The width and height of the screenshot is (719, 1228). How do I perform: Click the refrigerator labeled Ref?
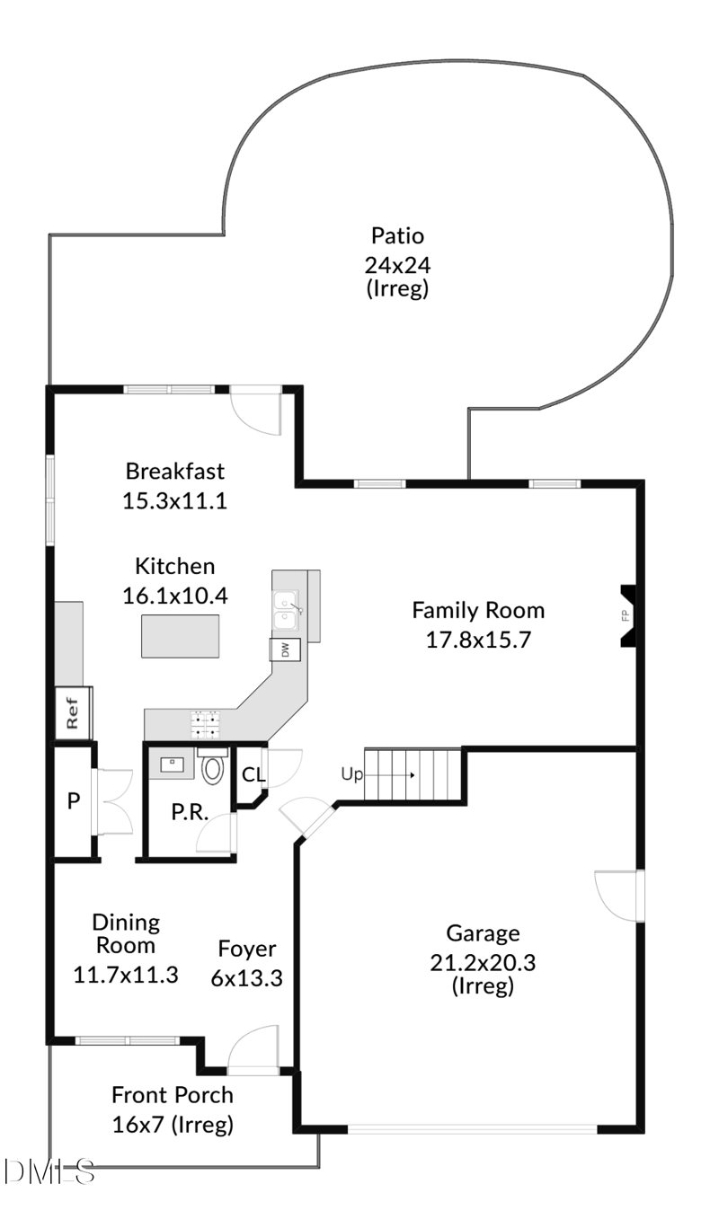73,713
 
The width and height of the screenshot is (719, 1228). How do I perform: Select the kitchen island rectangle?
181,636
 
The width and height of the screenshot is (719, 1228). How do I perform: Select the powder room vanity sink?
172,764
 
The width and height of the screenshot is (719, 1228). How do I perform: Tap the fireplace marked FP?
626,615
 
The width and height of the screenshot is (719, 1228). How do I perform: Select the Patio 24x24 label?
397,236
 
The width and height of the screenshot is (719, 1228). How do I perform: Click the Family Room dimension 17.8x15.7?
478,641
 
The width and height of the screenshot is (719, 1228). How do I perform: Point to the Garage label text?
483,933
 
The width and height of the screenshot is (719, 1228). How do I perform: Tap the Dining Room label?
126,933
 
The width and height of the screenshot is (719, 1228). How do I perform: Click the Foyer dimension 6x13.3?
246,978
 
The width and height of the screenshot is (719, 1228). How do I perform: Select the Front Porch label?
172,1095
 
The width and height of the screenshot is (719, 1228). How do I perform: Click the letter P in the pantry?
74,801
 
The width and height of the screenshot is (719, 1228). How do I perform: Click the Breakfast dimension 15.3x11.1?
174,500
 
